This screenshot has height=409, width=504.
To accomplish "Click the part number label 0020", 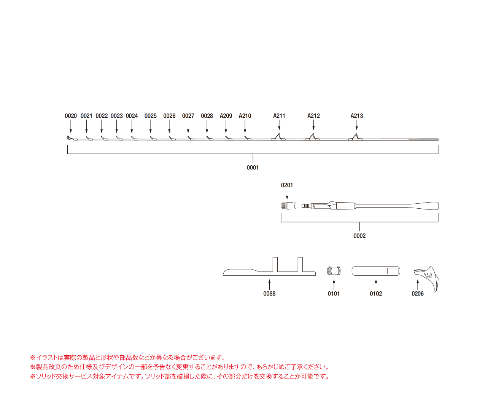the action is (x=70, y=116).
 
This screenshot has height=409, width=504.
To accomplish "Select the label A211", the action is (x=279, y=116).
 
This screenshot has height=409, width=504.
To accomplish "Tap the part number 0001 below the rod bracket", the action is (x=253, y=168).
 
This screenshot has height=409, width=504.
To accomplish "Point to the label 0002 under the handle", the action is (x=359, y=236).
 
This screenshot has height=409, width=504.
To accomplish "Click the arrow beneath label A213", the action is (x=356, y=125).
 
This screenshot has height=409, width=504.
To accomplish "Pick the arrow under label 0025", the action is (x=150, y=126).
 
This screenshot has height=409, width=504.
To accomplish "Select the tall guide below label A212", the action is (x=312, y=137).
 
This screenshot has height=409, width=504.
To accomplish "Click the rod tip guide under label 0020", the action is (x=70, y=138).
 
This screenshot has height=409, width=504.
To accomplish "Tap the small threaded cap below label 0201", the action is (x=288, y=206).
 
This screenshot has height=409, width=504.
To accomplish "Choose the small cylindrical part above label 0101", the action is (x=333, y=271).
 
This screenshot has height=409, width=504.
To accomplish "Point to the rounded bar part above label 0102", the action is (x=376, y=271).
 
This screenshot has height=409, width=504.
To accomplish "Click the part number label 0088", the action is (x=269, y=294).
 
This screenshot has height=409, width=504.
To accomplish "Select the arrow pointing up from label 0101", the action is (x=334, y=285).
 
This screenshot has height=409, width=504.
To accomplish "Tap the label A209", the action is (x=226, y=116).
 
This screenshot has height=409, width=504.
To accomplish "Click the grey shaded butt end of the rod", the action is (x=423, y=139).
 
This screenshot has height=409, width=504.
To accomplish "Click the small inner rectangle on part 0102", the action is (x=393, y=271).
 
